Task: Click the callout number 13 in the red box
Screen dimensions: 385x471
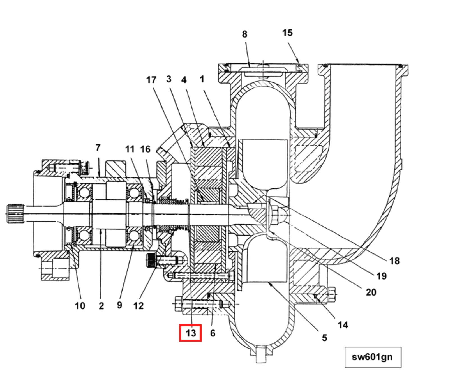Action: pos(191,333)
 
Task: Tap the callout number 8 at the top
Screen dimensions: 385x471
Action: pos(244,34)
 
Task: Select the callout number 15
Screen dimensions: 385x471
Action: pos(287,33)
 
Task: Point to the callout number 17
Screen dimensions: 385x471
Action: pos(151,80)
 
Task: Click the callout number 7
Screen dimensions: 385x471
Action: pos(98,147)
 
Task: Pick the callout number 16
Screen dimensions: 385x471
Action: pos(146,149)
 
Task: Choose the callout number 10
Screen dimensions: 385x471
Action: pos(80,305)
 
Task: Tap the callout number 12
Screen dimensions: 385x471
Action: pos(138,305)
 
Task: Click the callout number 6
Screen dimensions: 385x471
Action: pos(213,333)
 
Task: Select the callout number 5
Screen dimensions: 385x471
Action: pos(324,338)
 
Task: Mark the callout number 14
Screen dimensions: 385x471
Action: pos(343,325)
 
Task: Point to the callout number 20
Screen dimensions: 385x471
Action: pos(371,292)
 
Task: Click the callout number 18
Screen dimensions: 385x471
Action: pos(394,261)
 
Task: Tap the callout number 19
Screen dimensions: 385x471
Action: pos(382,276)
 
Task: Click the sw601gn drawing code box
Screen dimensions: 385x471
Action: pos(373,357)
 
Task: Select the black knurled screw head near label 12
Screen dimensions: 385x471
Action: pos(151,260)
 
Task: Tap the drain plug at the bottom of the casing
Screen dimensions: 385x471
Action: pos(261,355)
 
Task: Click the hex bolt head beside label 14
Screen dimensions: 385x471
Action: pos(332,294)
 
